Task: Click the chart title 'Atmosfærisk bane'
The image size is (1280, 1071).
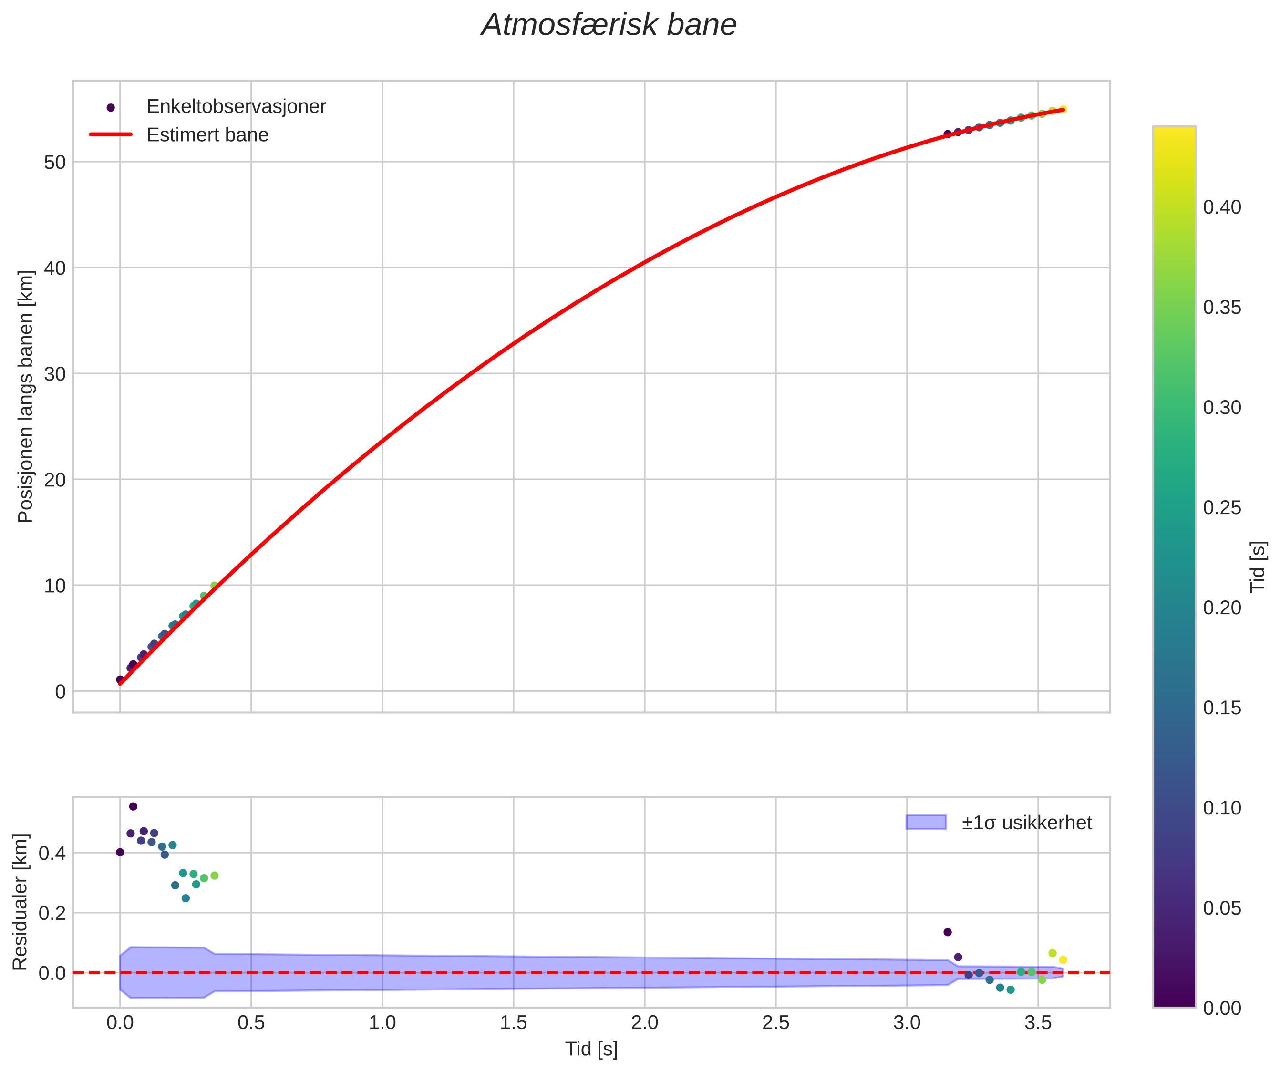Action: [x=609, y=26]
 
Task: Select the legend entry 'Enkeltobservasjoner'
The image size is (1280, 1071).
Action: [x=236, y=107]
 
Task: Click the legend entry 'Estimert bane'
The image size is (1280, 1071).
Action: [x=207, y=135]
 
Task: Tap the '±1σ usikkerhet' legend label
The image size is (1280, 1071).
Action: [x=1026, y=823]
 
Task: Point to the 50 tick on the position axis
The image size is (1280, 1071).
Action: [x=54, y=162]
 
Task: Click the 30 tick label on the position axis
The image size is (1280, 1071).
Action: [x=54, y=374]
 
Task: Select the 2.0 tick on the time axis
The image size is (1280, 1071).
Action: [x=644, y=1022]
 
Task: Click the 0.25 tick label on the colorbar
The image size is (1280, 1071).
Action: [x=1221, y=508]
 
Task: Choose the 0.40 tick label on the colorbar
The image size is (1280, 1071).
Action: [x=1221, y=207]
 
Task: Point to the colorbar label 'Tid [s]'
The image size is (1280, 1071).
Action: [x=1258, y=567]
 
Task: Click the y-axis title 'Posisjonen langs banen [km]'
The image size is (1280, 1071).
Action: [x=26, y=396]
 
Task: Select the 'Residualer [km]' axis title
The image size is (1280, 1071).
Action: [x=20, y=903]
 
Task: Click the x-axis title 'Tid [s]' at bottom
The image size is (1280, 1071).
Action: [x=590, y=1049]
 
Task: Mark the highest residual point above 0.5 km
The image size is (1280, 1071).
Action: [x=133, y=806]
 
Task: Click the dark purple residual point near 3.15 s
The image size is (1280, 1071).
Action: [x=947, y=932]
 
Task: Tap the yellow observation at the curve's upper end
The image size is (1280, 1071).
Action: [x=1063, y=109]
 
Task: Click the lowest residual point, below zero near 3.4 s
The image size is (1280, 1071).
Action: [x=1010, y=990]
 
